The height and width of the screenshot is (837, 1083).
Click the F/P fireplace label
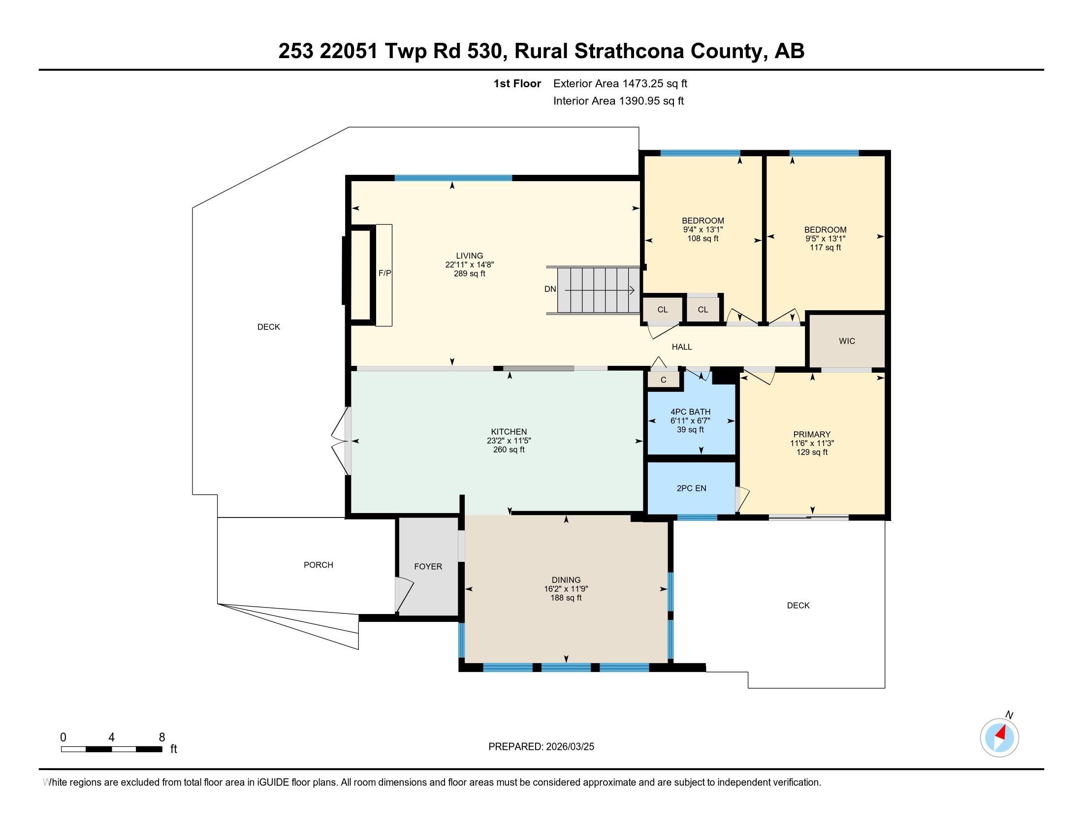[x=384, y=273]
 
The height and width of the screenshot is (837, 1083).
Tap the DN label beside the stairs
[x=550, y=289]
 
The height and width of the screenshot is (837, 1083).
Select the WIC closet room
[x=847, y=341]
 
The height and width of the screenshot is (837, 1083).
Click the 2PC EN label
[x=691, y=488]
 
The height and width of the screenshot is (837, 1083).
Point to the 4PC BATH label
[x=690, y=412]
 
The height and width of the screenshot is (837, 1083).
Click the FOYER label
[x=428, y=566]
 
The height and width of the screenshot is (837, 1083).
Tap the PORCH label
[x=319, y=565]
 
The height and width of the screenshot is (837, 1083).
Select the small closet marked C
[x=664, y=380]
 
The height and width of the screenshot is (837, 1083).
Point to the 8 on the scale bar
[x=161, y=738]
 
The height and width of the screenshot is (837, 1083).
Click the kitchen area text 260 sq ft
[x=509, y=450]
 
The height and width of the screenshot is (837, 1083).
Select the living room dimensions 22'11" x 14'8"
[x=469, y=265]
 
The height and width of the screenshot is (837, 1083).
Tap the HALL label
[x=681, y=347]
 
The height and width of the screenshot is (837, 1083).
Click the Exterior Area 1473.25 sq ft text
[x=620, y=84]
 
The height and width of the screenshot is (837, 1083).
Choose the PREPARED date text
[x=541, y=747]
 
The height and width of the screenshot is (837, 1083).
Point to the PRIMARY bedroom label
[x=811, y=434]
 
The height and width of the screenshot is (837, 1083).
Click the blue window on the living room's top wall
[x=453, y=178]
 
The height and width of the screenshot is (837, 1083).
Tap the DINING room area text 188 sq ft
[x=566, y=598]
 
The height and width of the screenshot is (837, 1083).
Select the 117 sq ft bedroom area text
[x=825, y=248]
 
